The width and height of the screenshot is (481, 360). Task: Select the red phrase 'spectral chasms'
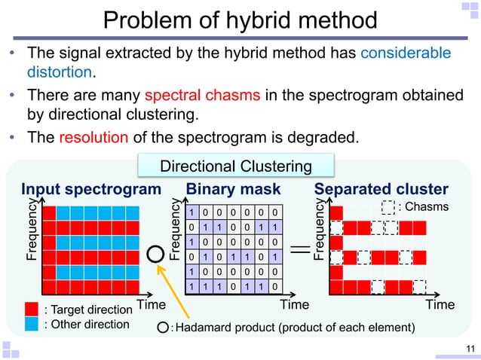pyautogui.click(x=191, y=96)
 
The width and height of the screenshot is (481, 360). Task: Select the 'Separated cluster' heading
pyautogui.click(x=381, y=188)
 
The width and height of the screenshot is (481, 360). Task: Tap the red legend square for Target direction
pyautogui.click(x=31, y=308)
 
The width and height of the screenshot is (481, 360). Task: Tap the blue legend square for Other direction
pyautogui.click(x=31, y=324)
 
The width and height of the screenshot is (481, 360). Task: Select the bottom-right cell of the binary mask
pyautogui.click(x=277, y=286)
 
